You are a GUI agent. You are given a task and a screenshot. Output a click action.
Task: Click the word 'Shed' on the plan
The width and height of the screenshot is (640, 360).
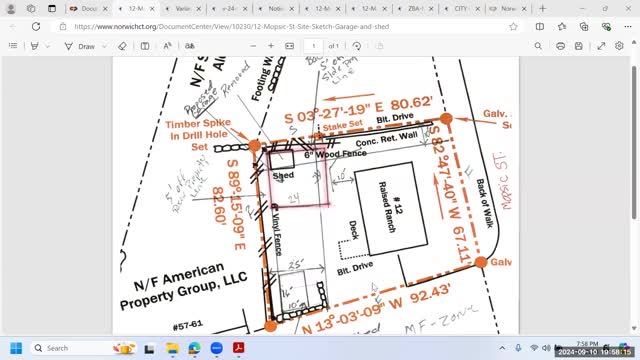[x=284, y=174]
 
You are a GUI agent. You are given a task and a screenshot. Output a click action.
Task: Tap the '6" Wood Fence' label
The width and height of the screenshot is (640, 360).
[x=317, y=155]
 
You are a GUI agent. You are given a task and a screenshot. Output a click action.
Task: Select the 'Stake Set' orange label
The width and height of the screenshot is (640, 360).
[x=340, y=128]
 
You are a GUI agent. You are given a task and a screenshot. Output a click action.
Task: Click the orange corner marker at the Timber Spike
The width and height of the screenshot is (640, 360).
[x=255, y=145]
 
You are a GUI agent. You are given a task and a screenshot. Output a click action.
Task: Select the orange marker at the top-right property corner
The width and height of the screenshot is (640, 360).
[x=446, y=118]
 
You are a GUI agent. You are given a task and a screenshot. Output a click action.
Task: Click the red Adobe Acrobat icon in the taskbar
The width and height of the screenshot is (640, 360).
[x=240, y=347]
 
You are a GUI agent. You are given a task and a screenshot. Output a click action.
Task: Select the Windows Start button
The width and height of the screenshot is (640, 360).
[x=16, y=347]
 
